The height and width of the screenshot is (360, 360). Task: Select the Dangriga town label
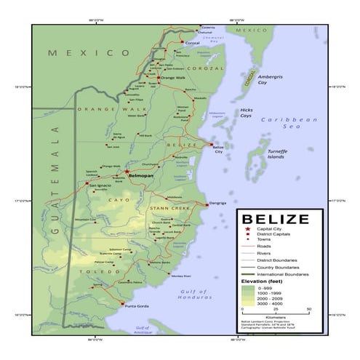[x=218, y=203]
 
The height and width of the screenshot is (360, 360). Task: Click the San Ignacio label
[x=100, y=185]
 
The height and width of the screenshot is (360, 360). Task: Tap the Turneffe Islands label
[x=276, y=153]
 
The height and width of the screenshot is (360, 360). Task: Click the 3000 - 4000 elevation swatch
[x=248, y=303]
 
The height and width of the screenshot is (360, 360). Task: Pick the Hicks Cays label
[x=247, y=113]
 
